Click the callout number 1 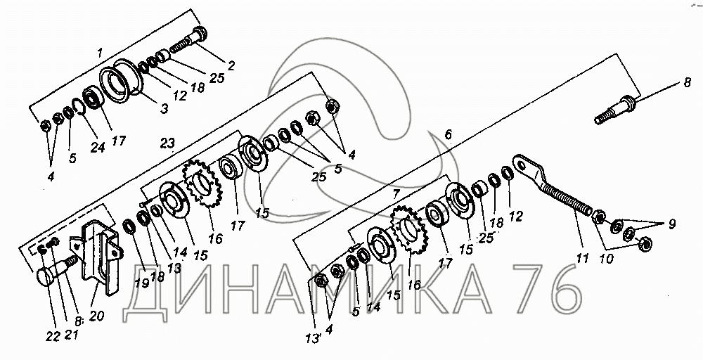pos(101,51)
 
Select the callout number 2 pos(231,65)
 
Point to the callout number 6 pos(449,134)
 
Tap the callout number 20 pos(96,316)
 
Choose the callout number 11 pos(581,259)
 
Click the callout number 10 pos(606,258)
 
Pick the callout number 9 pos(671,225)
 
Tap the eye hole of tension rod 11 pos(521,165)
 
